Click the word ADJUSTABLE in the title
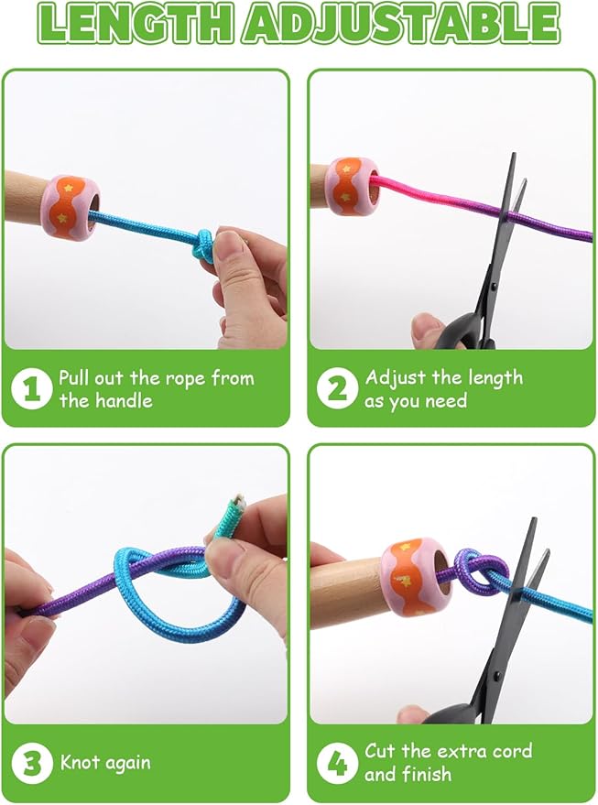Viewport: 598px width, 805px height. pos(401,25)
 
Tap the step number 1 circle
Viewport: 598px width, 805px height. pos(31,388)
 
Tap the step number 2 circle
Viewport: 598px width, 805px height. pos(337,388)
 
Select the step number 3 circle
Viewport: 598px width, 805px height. pos(31,764)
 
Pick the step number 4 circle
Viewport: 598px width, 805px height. pos(337,764)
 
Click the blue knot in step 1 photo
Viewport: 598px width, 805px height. pos(205,245)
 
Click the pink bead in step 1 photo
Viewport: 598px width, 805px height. pos(71,207)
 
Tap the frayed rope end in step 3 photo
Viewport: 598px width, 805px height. pos(237,501)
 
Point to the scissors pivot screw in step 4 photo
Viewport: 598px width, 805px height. pos(497,676)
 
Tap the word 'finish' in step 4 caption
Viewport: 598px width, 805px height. pos(427,774)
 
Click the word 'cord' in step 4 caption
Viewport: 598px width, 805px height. pos(512,752)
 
